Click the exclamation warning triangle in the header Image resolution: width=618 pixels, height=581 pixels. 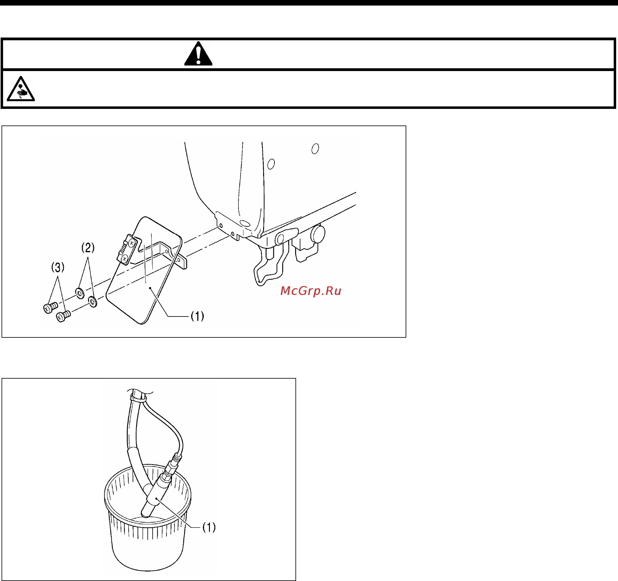(198, 54)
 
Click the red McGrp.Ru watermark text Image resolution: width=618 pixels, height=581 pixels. (311, 291)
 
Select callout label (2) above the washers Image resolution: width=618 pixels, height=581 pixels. (88, 248)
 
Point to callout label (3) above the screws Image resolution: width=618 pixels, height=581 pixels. (58, 267)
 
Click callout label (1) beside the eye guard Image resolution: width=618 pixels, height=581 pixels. (197, 316)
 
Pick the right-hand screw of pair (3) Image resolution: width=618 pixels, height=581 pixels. (63, 316)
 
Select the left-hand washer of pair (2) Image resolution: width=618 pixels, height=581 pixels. (80, 293)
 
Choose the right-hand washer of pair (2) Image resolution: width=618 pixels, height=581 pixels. (93, 301)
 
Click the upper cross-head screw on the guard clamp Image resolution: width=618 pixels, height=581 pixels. (132, 243)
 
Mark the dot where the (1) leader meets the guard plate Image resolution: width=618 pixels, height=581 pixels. (150, 288)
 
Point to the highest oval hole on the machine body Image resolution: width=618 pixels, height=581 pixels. (315, 149)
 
